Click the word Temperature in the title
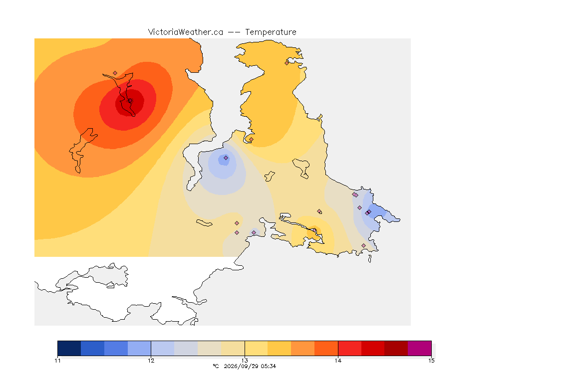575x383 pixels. click(x=271, y=32)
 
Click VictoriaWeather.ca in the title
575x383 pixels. click(x=186, y=32)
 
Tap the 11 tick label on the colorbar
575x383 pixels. click(x=57, y=361)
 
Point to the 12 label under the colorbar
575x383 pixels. click(x=151, y=361)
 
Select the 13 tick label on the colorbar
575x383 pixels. click(x=245, y=361)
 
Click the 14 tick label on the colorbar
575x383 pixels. click(x=338, y=361)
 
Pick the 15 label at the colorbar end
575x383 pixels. click(x=431, y=361)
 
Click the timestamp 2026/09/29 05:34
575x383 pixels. click(x=250, y=366)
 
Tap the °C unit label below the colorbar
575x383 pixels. click(x=216, y=366)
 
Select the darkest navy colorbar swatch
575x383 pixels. click(x=69, y=348)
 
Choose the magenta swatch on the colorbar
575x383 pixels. click(x=419, y=348)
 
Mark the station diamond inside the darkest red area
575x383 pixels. click(x=130, y=100)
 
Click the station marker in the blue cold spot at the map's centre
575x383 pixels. click(x=226, y=158)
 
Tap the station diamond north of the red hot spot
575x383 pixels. click(x=115, y=73)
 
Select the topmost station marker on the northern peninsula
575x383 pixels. click(x=287, y=63)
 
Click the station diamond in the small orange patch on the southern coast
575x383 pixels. click(x=314, y=230)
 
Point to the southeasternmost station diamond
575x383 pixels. click(x=363, y=245)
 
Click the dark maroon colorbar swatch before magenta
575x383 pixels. click(x=396, y=348)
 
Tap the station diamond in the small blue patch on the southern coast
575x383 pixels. click(x=254, y=233)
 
